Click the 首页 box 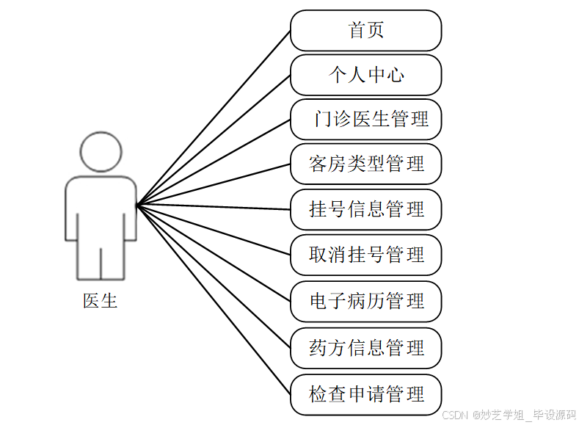[x=365, y=30]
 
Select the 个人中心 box [x=365, y=75]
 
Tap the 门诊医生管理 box [x=365, y=119]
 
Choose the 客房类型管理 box [x=365, y=164]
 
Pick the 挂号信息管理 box [x=365, y=209]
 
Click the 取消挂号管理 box [x=365, y=255]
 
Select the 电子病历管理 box [x=365, y=301]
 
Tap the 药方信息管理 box [x=365, y=347]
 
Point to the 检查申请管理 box [x=365, y=394]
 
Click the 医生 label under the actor [x=101, y=300]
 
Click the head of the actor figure [x=101, y=152]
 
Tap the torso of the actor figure [x=101, y=209]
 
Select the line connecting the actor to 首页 [x=213, y=117]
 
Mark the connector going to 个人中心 [x=213, y=139]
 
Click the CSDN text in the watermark [x=455, y=415]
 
